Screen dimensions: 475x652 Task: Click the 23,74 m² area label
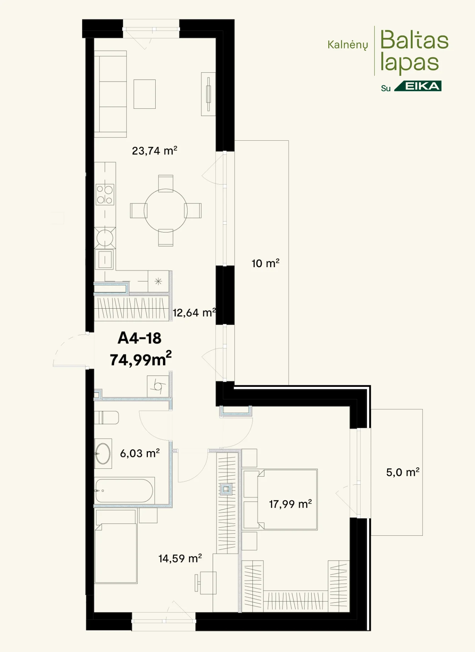(155, 151)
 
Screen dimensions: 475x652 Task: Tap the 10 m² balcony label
(266, 263)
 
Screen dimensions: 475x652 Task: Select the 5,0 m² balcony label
(403, 472)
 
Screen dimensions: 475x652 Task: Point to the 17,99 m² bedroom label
(290, 504)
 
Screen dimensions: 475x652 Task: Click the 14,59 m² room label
(180, 558)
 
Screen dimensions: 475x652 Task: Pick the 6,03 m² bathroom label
(140, 453)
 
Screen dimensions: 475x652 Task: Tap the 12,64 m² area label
(194, 313)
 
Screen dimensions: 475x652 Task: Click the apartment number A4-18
(140, 338)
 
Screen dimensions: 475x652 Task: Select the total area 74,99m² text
(141, 359)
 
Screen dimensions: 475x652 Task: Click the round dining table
(166, 210)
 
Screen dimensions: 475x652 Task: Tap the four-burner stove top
(105, 195)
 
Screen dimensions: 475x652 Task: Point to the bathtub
(124, 491)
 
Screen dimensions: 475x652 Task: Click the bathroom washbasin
(103, 454)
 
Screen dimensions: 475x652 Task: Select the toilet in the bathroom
(106, 417)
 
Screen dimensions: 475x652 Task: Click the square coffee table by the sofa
(145, 94)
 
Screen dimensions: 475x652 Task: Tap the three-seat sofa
(110, 94)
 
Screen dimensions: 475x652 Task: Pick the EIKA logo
(418, 86)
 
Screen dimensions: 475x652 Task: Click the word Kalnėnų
(348, 45)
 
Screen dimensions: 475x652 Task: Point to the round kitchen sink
(105, 238)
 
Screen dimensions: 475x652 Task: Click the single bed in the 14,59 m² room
(116, 553)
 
